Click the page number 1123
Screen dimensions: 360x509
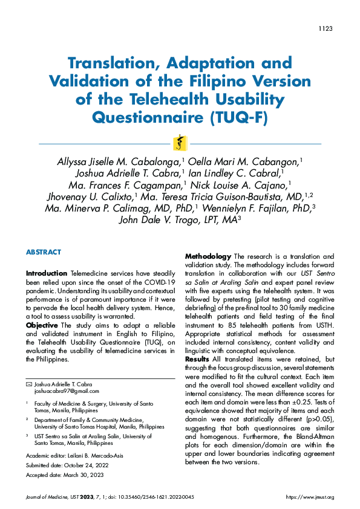pyautogui.click(x=326, y=29)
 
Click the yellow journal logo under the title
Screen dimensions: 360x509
pyautogui.click(x=180, y=143)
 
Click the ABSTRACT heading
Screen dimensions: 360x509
pyautogui.click(x=44, y=252)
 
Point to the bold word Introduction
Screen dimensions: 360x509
pyautogui.click(x=47, y=273)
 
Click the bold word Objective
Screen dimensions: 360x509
pyautogui.click(x=42, y=325)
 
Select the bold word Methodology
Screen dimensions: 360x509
pyautogui.click(x=207, y=256)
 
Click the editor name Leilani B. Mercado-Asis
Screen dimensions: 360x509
pyautogui.click(x=95, y=455)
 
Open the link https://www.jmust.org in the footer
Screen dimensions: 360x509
pyautogui.click(x=310, y=497)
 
